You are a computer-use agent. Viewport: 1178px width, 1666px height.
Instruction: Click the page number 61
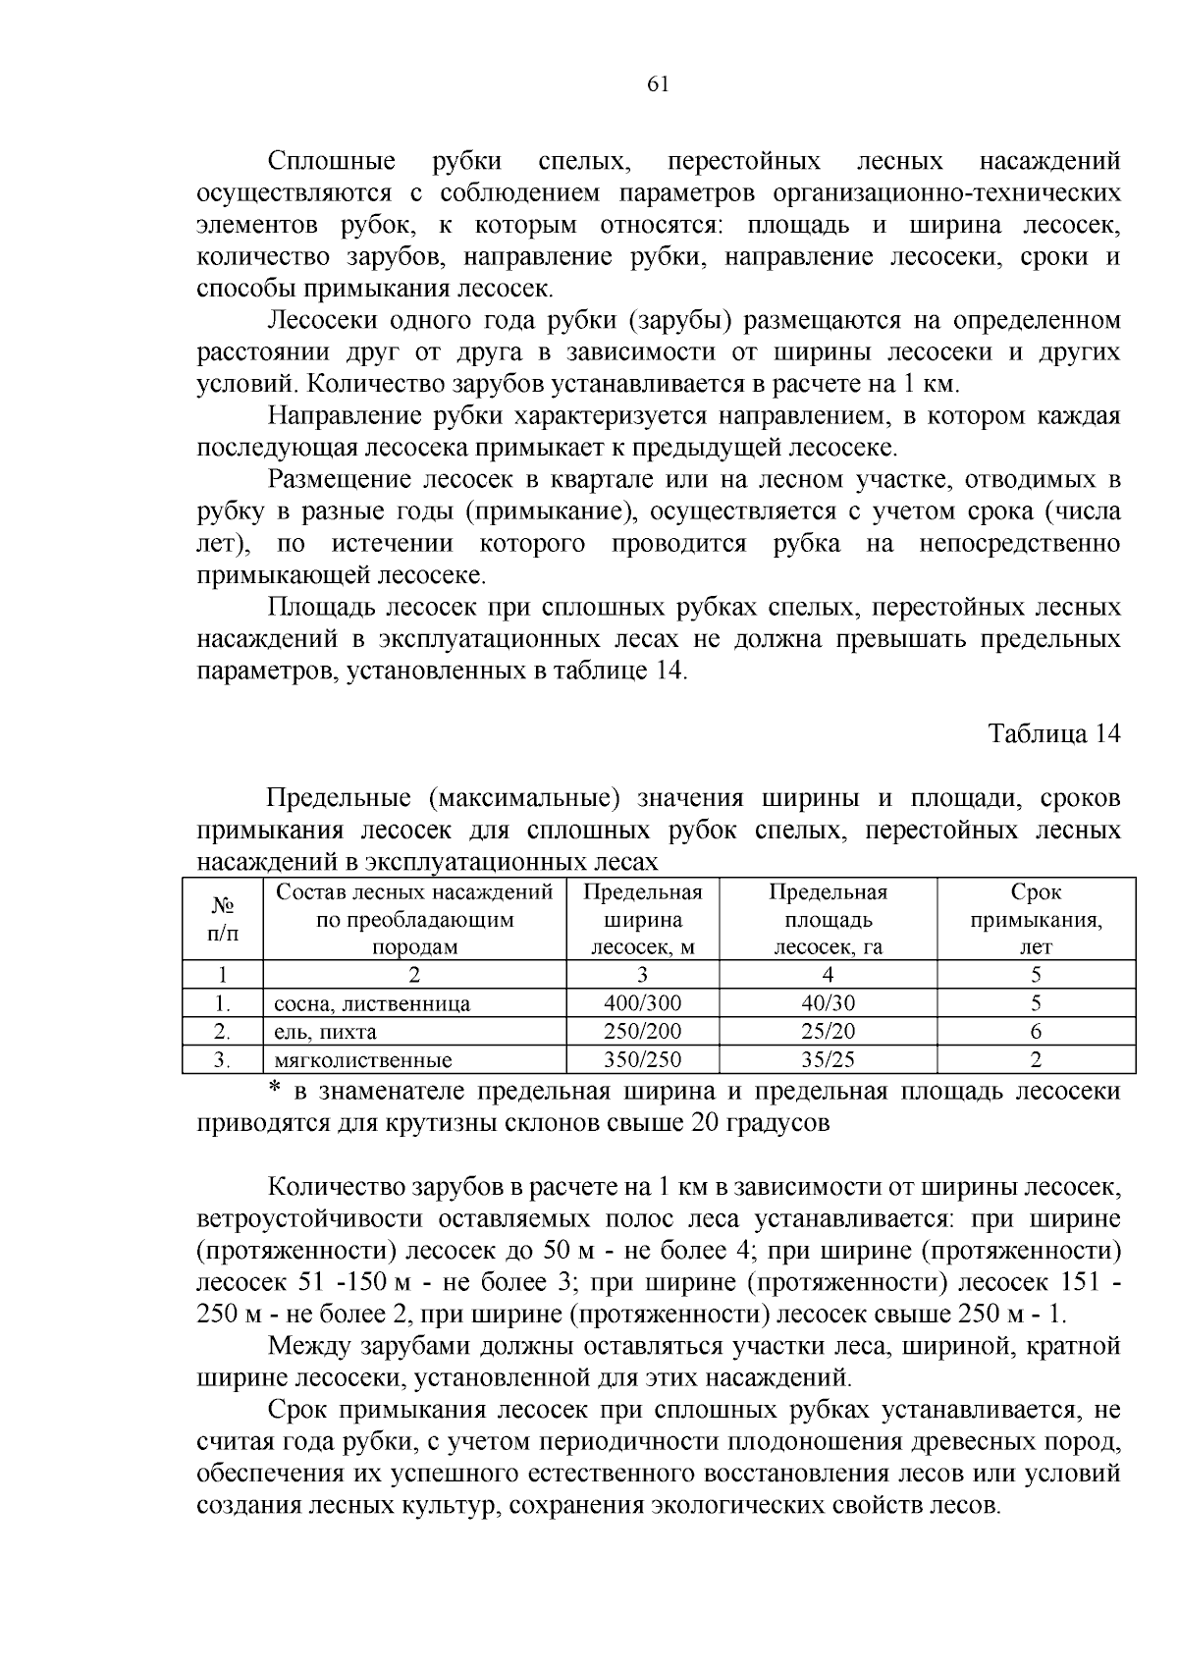click(658, 84)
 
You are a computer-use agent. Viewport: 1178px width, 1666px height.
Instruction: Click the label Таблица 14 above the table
click(1053, 734)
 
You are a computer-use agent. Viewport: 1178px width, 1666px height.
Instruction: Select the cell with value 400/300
click(642, 1003)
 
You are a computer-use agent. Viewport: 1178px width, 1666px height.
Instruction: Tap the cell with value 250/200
click(642, 1032)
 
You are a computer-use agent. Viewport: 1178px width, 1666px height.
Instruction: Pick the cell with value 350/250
click(642, 1060)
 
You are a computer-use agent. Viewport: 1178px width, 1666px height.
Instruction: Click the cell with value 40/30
click(828, 1003)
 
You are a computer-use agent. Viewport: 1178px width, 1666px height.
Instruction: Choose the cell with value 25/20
click(828, 1032)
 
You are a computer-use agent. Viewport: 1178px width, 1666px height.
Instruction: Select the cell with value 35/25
click(828, 1060)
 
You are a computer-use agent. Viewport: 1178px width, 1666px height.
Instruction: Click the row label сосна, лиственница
click(372, 1004)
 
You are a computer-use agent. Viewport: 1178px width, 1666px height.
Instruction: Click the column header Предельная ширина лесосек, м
click(642, 920)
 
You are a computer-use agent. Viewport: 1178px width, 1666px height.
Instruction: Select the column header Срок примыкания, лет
click(1036, 920)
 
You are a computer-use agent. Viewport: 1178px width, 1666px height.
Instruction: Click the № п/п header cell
click(223, 920)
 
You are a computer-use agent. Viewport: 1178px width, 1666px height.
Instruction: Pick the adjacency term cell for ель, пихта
click(1036, 1032)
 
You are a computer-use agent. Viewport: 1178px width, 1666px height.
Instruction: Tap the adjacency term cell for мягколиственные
click(1036, 1060)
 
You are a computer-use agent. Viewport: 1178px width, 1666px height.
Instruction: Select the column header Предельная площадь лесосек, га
click(828, 920)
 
